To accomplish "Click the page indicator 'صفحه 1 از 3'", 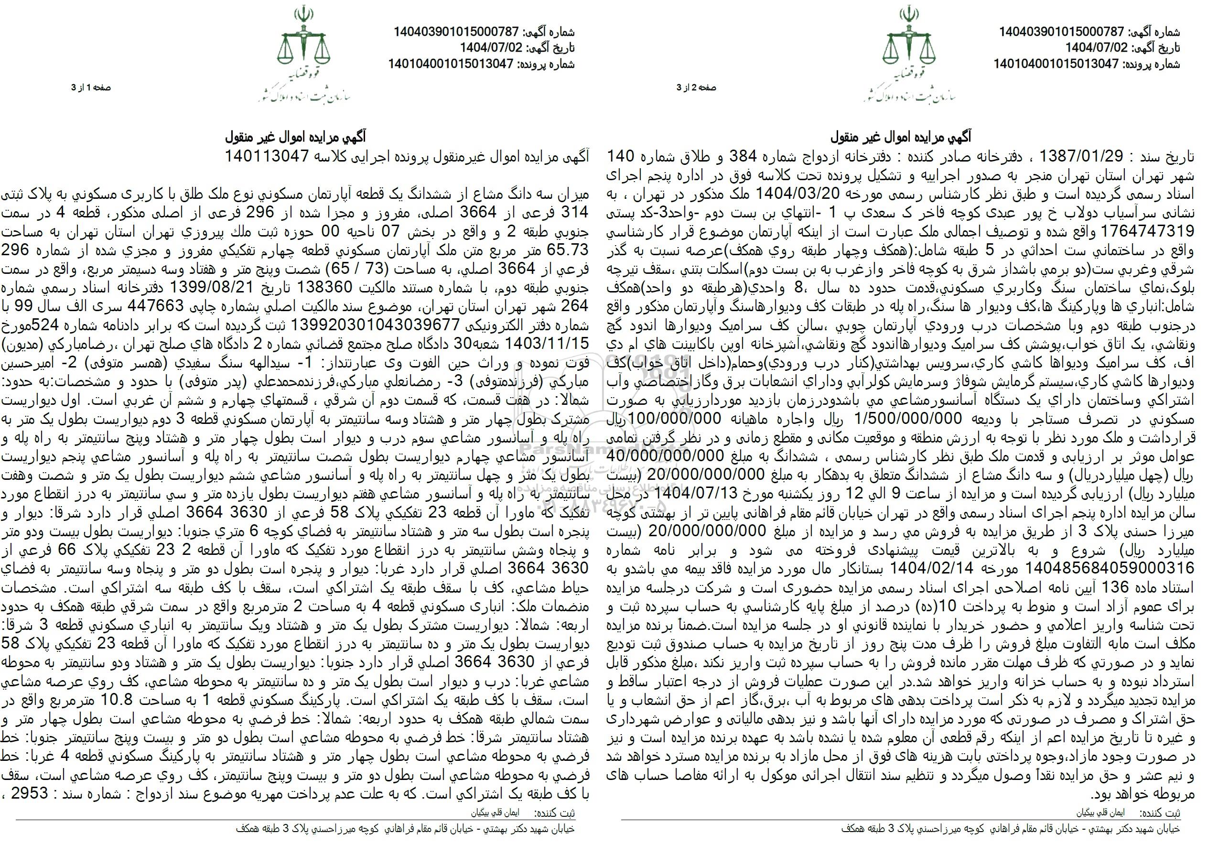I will tap(92, 88).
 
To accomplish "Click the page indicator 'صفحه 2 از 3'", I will tap(696, 88).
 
